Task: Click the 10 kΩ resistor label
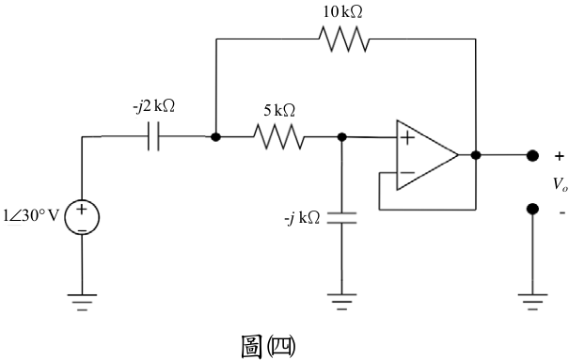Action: [342, 12]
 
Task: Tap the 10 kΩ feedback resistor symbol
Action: [344, 39]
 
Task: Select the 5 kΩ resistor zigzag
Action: [279, 136]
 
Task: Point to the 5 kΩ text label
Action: [279, 110]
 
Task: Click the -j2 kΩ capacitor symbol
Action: [153, 136]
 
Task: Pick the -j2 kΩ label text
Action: [154, 106]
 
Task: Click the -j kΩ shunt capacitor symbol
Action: [341, 218]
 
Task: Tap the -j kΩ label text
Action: [302, 218]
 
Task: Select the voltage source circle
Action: [82, 217]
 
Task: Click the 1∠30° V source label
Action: [31, 215]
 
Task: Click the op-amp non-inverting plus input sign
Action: [407, 138]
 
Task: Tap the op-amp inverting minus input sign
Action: [407, 173]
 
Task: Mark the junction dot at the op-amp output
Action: [476, 155]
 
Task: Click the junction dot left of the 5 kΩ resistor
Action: [216, 136]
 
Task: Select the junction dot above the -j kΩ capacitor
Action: [341, 136]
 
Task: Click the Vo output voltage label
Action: [560, 184]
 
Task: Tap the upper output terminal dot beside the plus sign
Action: [532, 155]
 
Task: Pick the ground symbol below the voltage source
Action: [82, 303]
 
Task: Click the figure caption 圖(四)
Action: [268, 347]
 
